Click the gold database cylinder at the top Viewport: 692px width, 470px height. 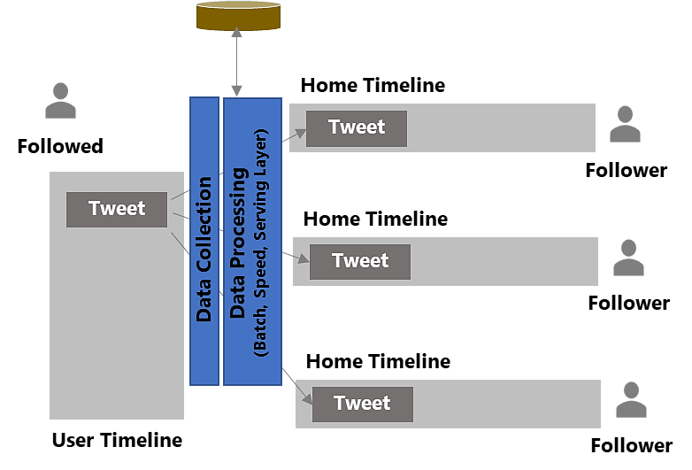(237, 16)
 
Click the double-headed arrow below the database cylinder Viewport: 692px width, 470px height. (236, 62)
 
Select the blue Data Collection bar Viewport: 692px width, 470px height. (204, 241)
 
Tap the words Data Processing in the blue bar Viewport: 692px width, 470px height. (238, 243)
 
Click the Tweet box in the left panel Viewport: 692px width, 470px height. (116, 210)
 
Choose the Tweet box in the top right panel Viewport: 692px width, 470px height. (356, 128)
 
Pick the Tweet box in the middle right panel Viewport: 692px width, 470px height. (359, 262)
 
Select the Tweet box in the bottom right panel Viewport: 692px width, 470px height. (362, 405)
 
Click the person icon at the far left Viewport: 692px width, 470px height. (60, 101)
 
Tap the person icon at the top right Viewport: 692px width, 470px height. (625, 125)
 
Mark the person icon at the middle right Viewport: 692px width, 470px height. (628, 258)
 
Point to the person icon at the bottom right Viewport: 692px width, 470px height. (631, 400)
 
